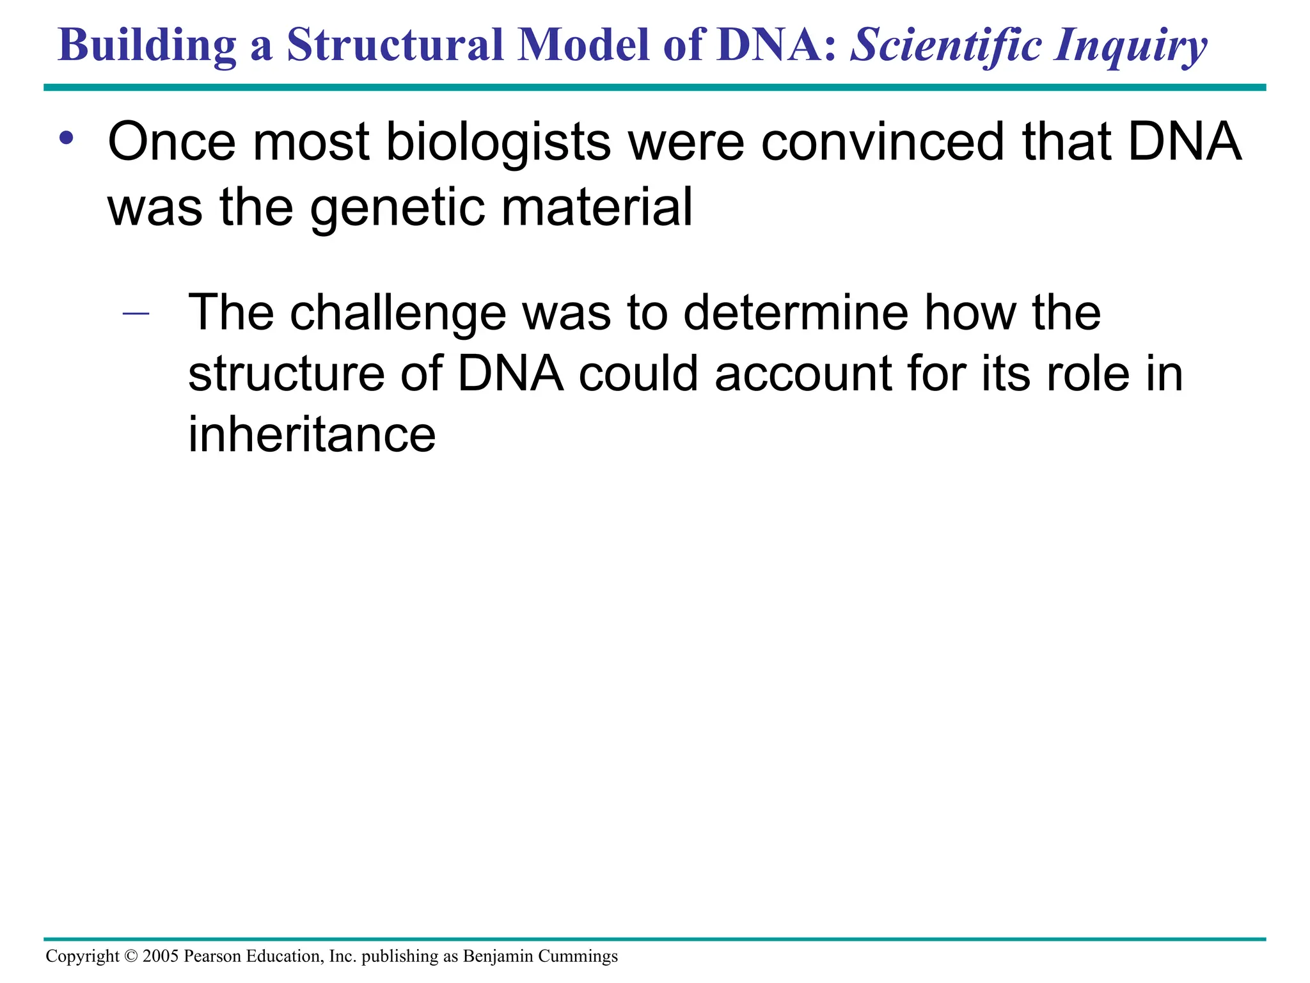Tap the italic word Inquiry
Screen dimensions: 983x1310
point(1131,46)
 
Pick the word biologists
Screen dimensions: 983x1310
point(498,142)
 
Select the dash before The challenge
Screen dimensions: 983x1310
point(135,314)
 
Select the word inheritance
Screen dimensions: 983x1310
point(312,435)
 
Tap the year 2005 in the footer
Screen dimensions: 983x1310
point(161,956)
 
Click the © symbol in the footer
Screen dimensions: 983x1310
point(131,956)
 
